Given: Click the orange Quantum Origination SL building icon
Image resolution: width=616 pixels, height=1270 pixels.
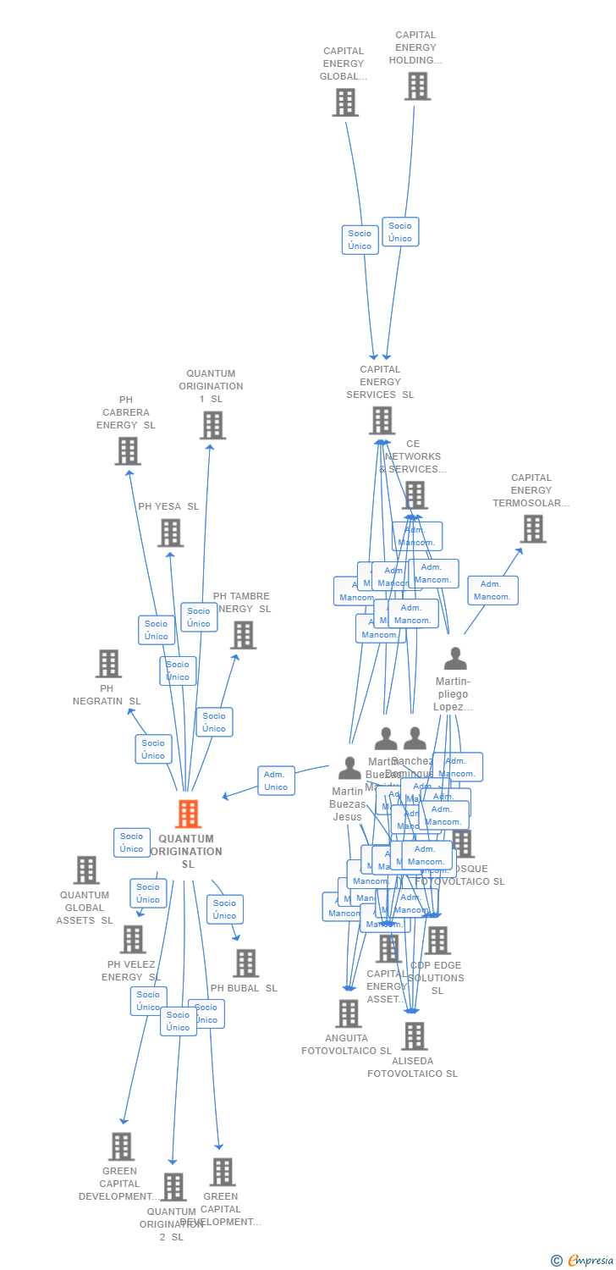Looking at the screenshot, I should pos(188,814).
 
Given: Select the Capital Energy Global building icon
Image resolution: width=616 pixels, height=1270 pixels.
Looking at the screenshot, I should pos(344,102).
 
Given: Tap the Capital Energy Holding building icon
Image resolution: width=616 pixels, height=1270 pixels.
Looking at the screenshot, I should pos(417,86).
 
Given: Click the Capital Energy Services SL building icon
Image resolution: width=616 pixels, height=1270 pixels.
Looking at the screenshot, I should pos(382,421).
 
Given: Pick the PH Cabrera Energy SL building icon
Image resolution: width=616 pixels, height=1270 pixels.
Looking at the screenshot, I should pos(127,451).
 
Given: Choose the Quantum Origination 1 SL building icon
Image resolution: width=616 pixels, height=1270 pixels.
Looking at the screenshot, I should pos(212,425).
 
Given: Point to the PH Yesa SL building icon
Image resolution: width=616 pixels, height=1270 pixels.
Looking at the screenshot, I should pos(170,533).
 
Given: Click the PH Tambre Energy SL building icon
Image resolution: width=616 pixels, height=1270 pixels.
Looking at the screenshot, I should pos(243,635).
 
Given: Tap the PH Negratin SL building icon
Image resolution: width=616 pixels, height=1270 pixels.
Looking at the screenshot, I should pos(108,664).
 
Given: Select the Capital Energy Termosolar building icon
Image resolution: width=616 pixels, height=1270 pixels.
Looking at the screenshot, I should pos(532,529).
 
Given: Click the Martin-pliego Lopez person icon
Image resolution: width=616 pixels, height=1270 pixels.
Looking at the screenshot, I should pos(455,659).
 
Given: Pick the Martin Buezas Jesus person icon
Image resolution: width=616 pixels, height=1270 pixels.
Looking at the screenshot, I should pos(349,768).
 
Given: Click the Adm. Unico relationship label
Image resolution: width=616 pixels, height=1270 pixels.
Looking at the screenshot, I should pos(276,781).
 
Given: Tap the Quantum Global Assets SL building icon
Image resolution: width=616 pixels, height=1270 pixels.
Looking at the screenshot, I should pos(86,870).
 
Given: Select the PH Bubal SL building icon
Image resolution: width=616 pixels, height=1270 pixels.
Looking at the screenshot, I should pos(245,964).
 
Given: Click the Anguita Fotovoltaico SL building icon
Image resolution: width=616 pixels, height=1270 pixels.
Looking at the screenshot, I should pos(348,1013).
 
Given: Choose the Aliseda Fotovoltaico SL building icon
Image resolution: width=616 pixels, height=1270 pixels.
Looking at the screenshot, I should pos(414,1035).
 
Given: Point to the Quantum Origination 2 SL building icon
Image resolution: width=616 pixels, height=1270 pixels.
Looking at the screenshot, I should pos(173,1187).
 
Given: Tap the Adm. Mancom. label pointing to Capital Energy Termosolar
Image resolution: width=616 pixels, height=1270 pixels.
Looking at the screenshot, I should pos(492,590).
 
